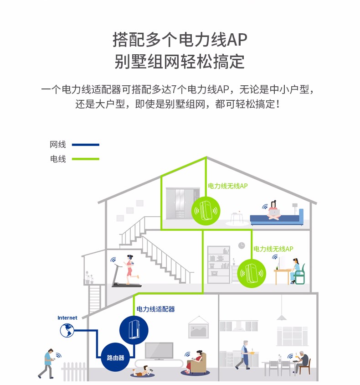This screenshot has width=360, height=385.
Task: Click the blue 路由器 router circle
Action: coord(115,357)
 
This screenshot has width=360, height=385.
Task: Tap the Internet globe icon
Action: coord(67,330)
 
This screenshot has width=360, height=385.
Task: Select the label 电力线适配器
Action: coord(155,309)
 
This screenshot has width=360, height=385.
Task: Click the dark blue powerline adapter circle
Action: coord(134,330)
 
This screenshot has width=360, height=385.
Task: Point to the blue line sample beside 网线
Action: coord(86,145)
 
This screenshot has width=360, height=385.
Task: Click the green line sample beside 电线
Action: coord(86,159)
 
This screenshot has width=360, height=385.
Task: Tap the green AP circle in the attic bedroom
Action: coord(206,211)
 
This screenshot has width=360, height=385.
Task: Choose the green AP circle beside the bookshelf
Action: coord(252,273)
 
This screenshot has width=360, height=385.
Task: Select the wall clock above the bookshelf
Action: coord(242,245)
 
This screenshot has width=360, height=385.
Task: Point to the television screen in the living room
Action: coord(159,351)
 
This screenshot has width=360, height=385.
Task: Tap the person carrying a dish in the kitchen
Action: coord(244,355)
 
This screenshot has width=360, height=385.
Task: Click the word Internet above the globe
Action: coord(67,318)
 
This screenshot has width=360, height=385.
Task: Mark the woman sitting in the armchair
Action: coord(195,361)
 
